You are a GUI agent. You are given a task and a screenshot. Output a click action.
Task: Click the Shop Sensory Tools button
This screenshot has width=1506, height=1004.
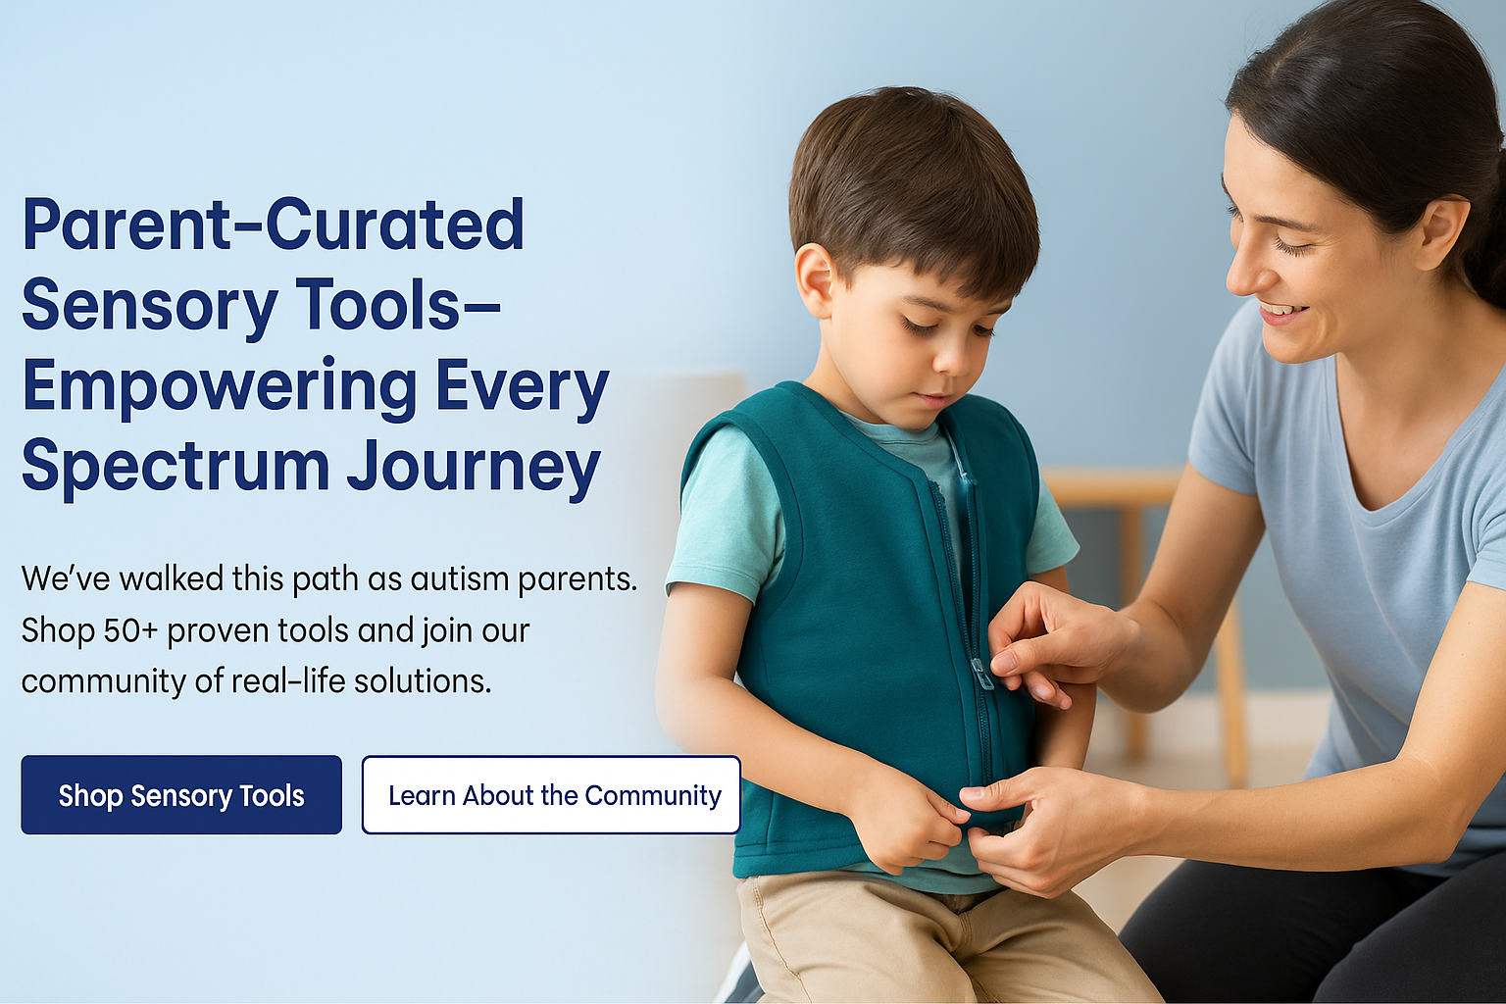[181, 795]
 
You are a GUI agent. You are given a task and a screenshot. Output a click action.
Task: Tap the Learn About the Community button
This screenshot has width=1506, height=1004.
[551, 795]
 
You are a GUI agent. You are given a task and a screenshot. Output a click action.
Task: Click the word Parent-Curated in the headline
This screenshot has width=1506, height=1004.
[273, 224]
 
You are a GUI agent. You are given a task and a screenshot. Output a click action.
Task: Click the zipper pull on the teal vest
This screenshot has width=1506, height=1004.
[982, 676]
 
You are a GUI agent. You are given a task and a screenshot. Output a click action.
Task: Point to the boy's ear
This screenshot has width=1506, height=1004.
[814, 280]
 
